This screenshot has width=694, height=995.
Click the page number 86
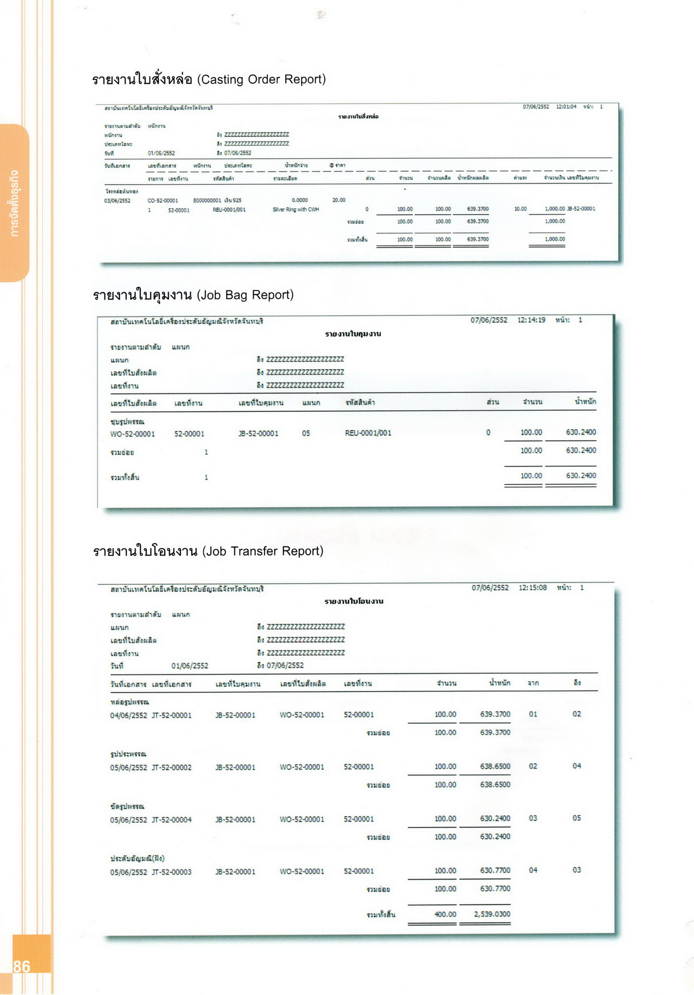tap(22, 966)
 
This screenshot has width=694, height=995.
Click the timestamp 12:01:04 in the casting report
tap(566, 107)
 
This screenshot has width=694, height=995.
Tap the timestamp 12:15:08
tap(532, 587)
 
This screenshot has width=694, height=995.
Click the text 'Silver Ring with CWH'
tap(295, 209)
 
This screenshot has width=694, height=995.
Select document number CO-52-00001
tap(163, 201)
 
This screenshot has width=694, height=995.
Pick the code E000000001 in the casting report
tap(207, 201)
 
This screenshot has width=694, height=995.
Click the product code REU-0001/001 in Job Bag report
tap(368, 433)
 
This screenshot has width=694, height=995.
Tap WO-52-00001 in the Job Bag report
tap(132, 434)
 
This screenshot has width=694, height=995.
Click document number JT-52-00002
tap(171, 767)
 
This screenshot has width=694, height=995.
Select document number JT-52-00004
tap(171, 819)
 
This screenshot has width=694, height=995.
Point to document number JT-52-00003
tap(171, 872)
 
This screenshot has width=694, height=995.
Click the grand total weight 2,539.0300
tap(492, 914)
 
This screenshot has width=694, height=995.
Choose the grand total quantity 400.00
tap(445, 914)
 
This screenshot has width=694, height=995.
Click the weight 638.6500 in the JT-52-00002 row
tap(494, 766)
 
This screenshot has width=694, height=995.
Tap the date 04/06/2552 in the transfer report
tap(128, 715)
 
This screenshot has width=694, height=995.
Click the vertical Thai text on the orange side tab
tap(15, 203)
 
